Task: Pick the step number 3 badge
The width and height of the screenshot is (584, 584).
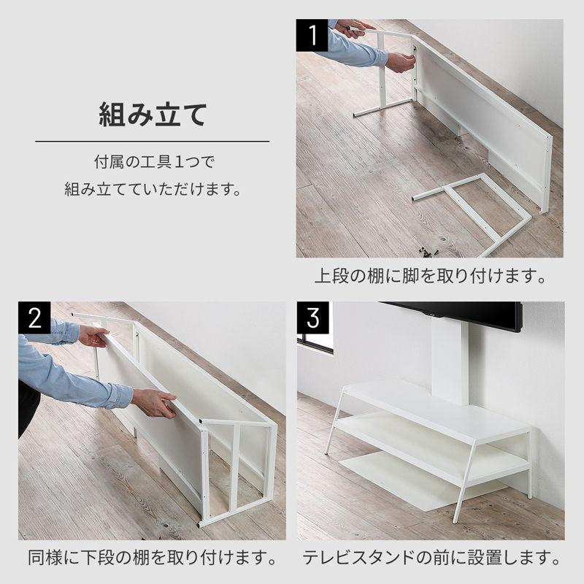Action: pos(313,318)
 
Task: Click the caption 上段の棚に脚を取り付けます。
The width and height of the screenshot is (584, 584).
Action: pos(431,277)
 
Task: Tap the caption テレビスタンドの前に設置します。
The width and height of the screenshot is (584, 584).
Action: pos(431,561)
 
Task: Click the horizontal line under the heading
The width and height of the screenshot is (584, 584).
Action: pos(153,141)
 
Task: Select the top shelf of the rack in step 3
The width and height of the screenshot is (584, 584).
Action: pos(438,409)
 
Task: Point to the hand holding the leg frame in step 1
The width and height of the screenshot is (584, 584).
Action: pos(399,61)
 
